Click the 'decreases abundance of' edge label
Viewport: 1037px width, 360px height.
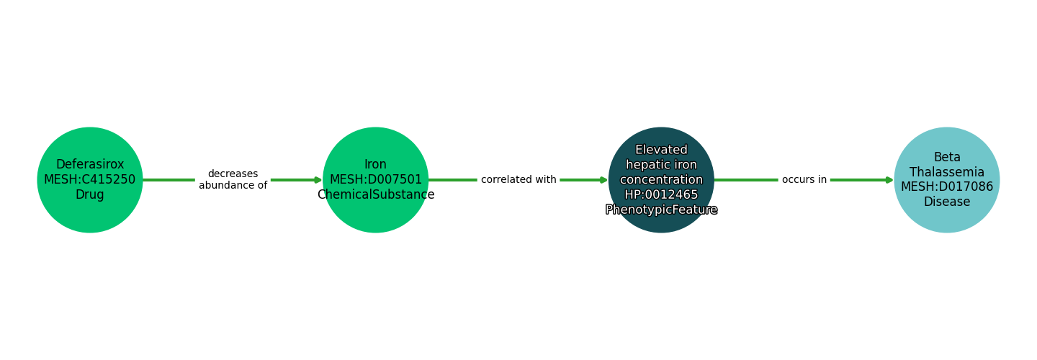tap(233, 179)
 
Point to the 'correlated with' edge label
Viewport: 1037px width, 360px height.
tap(518, 180)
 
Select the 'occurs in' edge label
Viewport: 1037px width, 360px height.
tap(804, 180)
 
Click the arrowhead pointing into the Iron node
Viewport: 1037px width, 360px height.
tap(318, 180)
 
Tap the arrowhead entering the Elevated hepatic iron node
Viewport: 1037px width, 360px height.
tap(604, 180)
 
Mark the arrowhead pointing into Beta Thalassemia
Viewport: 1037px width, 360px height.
tap(889, 180)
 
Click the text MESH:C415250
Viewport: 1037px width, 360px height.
tap(90, 180)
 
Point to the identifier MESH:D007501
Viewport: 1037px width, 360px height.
tap(375, 180)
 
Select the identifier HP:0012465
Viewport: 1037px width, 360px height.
tap(661, 195)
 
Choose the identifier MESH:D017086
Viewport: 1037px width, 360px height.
tap(947, 187)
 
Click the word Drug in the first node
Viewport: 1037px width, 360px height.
tap(90, 195)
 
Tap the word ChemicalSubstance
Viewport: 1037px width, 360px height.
tap(375, 195)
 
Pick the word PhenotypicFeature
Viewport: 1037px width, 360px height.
tap(661, 210)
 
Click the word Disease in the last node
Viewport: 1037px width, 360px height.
tap(947, 202)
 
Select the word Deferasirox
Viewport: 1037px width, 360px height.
tap(90, 165)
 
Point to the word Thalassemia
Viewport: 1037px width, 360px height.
tap(947, 172)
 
